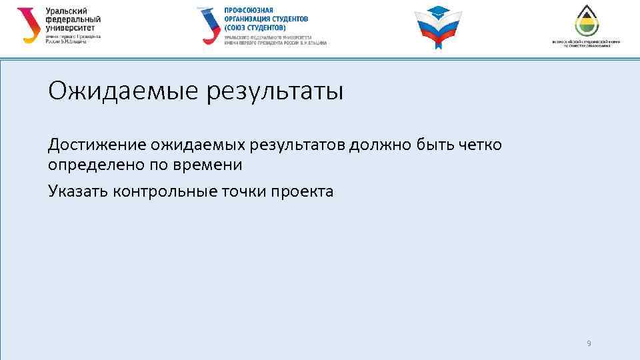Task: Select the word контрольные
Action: [x=165, y=191]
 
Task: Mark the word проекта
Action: [x=302, y=191]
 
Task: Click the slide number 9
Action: [x=589, y=343]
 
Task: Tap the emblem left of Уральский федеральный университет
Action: [x=29, y=25]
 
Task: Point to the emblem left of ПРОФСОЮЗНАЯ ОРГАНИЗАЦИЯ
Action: [x=209, y=25]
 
